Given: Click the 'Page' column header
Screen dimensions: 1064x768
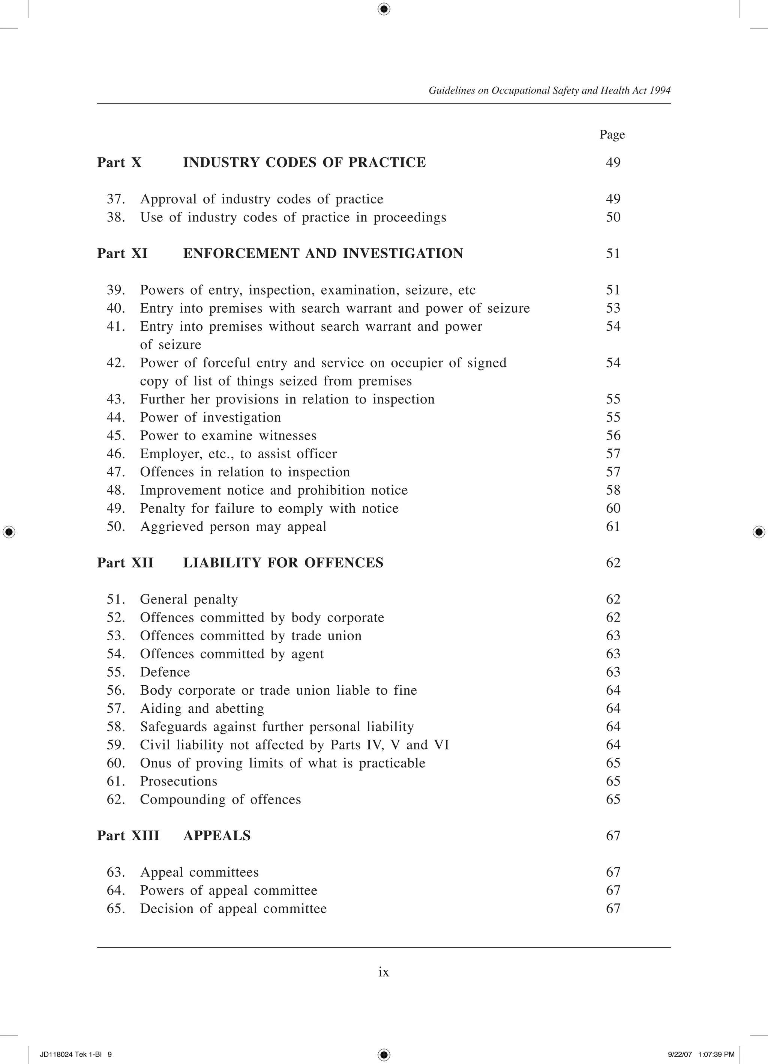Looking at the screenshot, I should click(612, 135).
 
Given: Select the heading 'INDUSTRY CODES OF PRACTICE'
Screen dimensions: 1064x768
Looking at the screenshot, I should click(304, 162).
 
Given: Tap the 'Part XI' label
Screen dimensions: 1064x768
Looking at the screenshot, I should click(122, 253).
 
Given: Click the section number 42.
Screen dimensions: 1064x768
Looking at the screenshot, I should click(116, 363).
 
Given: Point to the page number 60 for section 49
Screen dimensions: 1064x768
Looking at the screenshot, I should click(613, 508).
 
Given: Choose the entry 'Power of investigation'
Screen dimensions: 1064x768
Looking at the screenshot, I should click(210, 417).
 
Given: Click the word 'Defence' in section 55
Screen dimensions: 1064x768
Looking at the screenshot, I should click(165, 672).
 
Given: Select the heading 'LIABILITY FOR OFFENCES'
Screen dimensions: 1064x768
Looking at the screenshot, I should click(283, 563).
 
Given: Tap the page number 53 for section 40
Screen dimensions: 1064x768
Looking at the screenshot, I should click(613, 308).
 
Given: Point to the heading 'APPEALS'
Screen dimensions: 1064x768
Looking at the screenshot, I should click(217, 835).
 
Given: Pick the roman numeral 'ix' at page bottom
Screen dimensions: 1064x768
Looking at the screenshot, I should click(384, 972).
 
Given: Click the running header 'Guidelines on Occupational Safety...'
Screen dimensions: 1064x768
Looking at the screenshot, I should click(549, 90).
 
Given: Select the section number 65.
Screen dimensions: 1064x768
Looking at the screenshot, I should click(116, 908).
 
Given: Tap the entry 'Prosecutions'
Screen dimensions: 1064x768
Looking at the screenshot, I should click(178, 781).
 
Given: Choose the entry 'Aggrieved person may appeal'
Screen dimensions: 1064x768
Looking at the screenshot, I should click(233, 526).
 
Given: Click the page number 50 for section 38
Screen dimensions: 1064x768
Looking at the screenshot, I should click(613, 217).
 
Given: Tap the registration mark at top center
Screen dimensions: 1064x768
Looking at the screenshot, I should click(384, 9).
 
